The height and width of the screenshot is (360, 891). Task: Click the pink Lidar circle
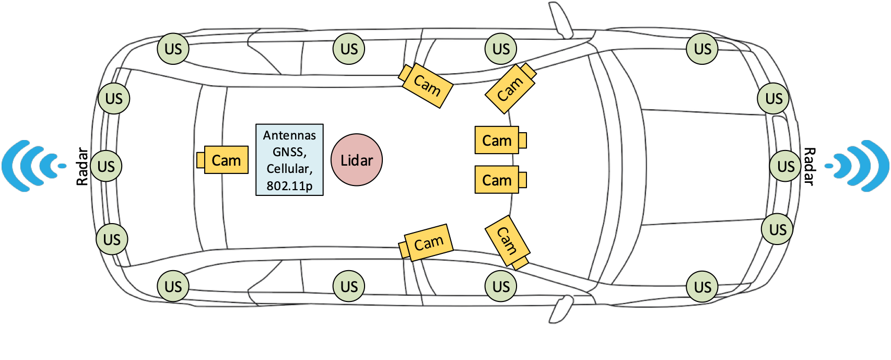tap(357, 160)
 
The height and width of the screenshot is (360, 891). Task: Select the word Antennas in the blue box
tap(289, 135)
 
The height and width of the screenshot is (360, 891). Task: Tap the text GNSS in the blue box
tap(289, 152)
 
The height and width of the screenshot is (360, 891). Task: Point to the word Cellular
tap(289, 169)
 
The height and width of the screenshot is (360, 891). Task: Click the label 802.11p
tap(289, 185)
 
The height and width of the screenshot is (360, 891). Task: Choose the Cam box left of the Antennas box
tap(226, 160)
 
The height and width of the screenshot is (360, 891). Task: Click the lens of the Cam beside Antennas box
tap(201, 160)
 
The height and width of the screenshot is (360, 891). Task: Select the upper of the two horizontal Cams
tap(497, 140)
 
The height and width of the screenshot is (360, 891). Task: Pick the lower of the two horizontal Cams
tap(497, 180)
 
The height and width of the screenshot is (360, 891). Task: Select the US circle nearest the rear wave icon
tap(106, 166)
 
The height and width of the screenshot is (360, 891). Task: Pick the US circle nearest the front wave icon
tap(786, 166)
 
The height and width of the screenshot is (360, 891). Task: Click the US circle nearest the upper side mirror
tap(501, 49)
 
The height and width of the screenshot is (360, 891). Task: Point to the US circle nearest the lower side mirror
tap(501, 286)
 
